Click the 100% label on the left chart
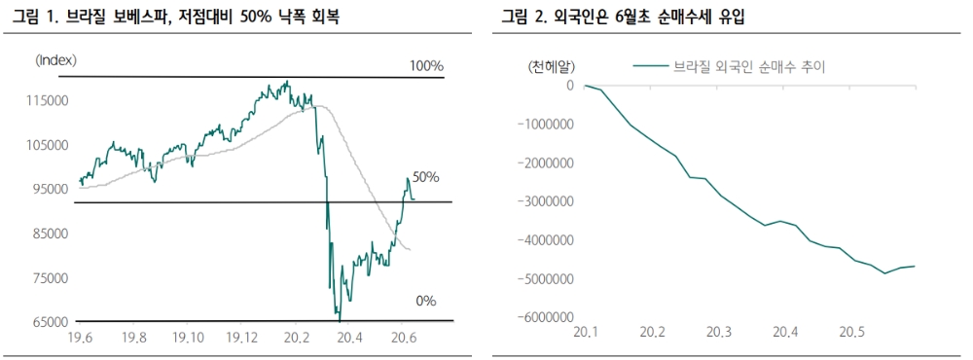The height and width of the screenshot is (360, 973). pos(425,65)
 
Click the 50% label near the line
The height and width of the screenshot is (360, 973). pos(425,177)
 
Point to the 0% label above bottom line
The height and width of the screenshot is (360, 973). pos(425,301)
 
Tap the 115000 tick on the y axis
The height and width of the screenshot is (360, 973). pos(47,100)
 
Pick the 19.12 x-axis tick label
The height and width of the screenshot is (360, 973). pos(241,338)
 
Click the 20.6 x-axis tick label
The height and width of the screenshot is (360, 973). pos(403,338)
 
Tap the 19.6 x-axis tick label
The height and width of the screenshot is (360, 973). pos(79,338)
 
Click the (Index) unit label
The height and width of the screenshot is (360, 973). pos(55,60)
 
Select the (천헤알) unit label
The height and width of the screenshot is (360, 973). pos(550,66)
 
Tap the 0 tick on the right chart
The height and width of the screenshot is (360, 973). pos(570,86)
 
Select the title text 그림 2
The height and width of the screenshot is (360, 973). pos(523,17)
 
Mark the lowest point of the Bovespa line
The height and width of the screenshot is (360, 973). pos(339,319)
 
